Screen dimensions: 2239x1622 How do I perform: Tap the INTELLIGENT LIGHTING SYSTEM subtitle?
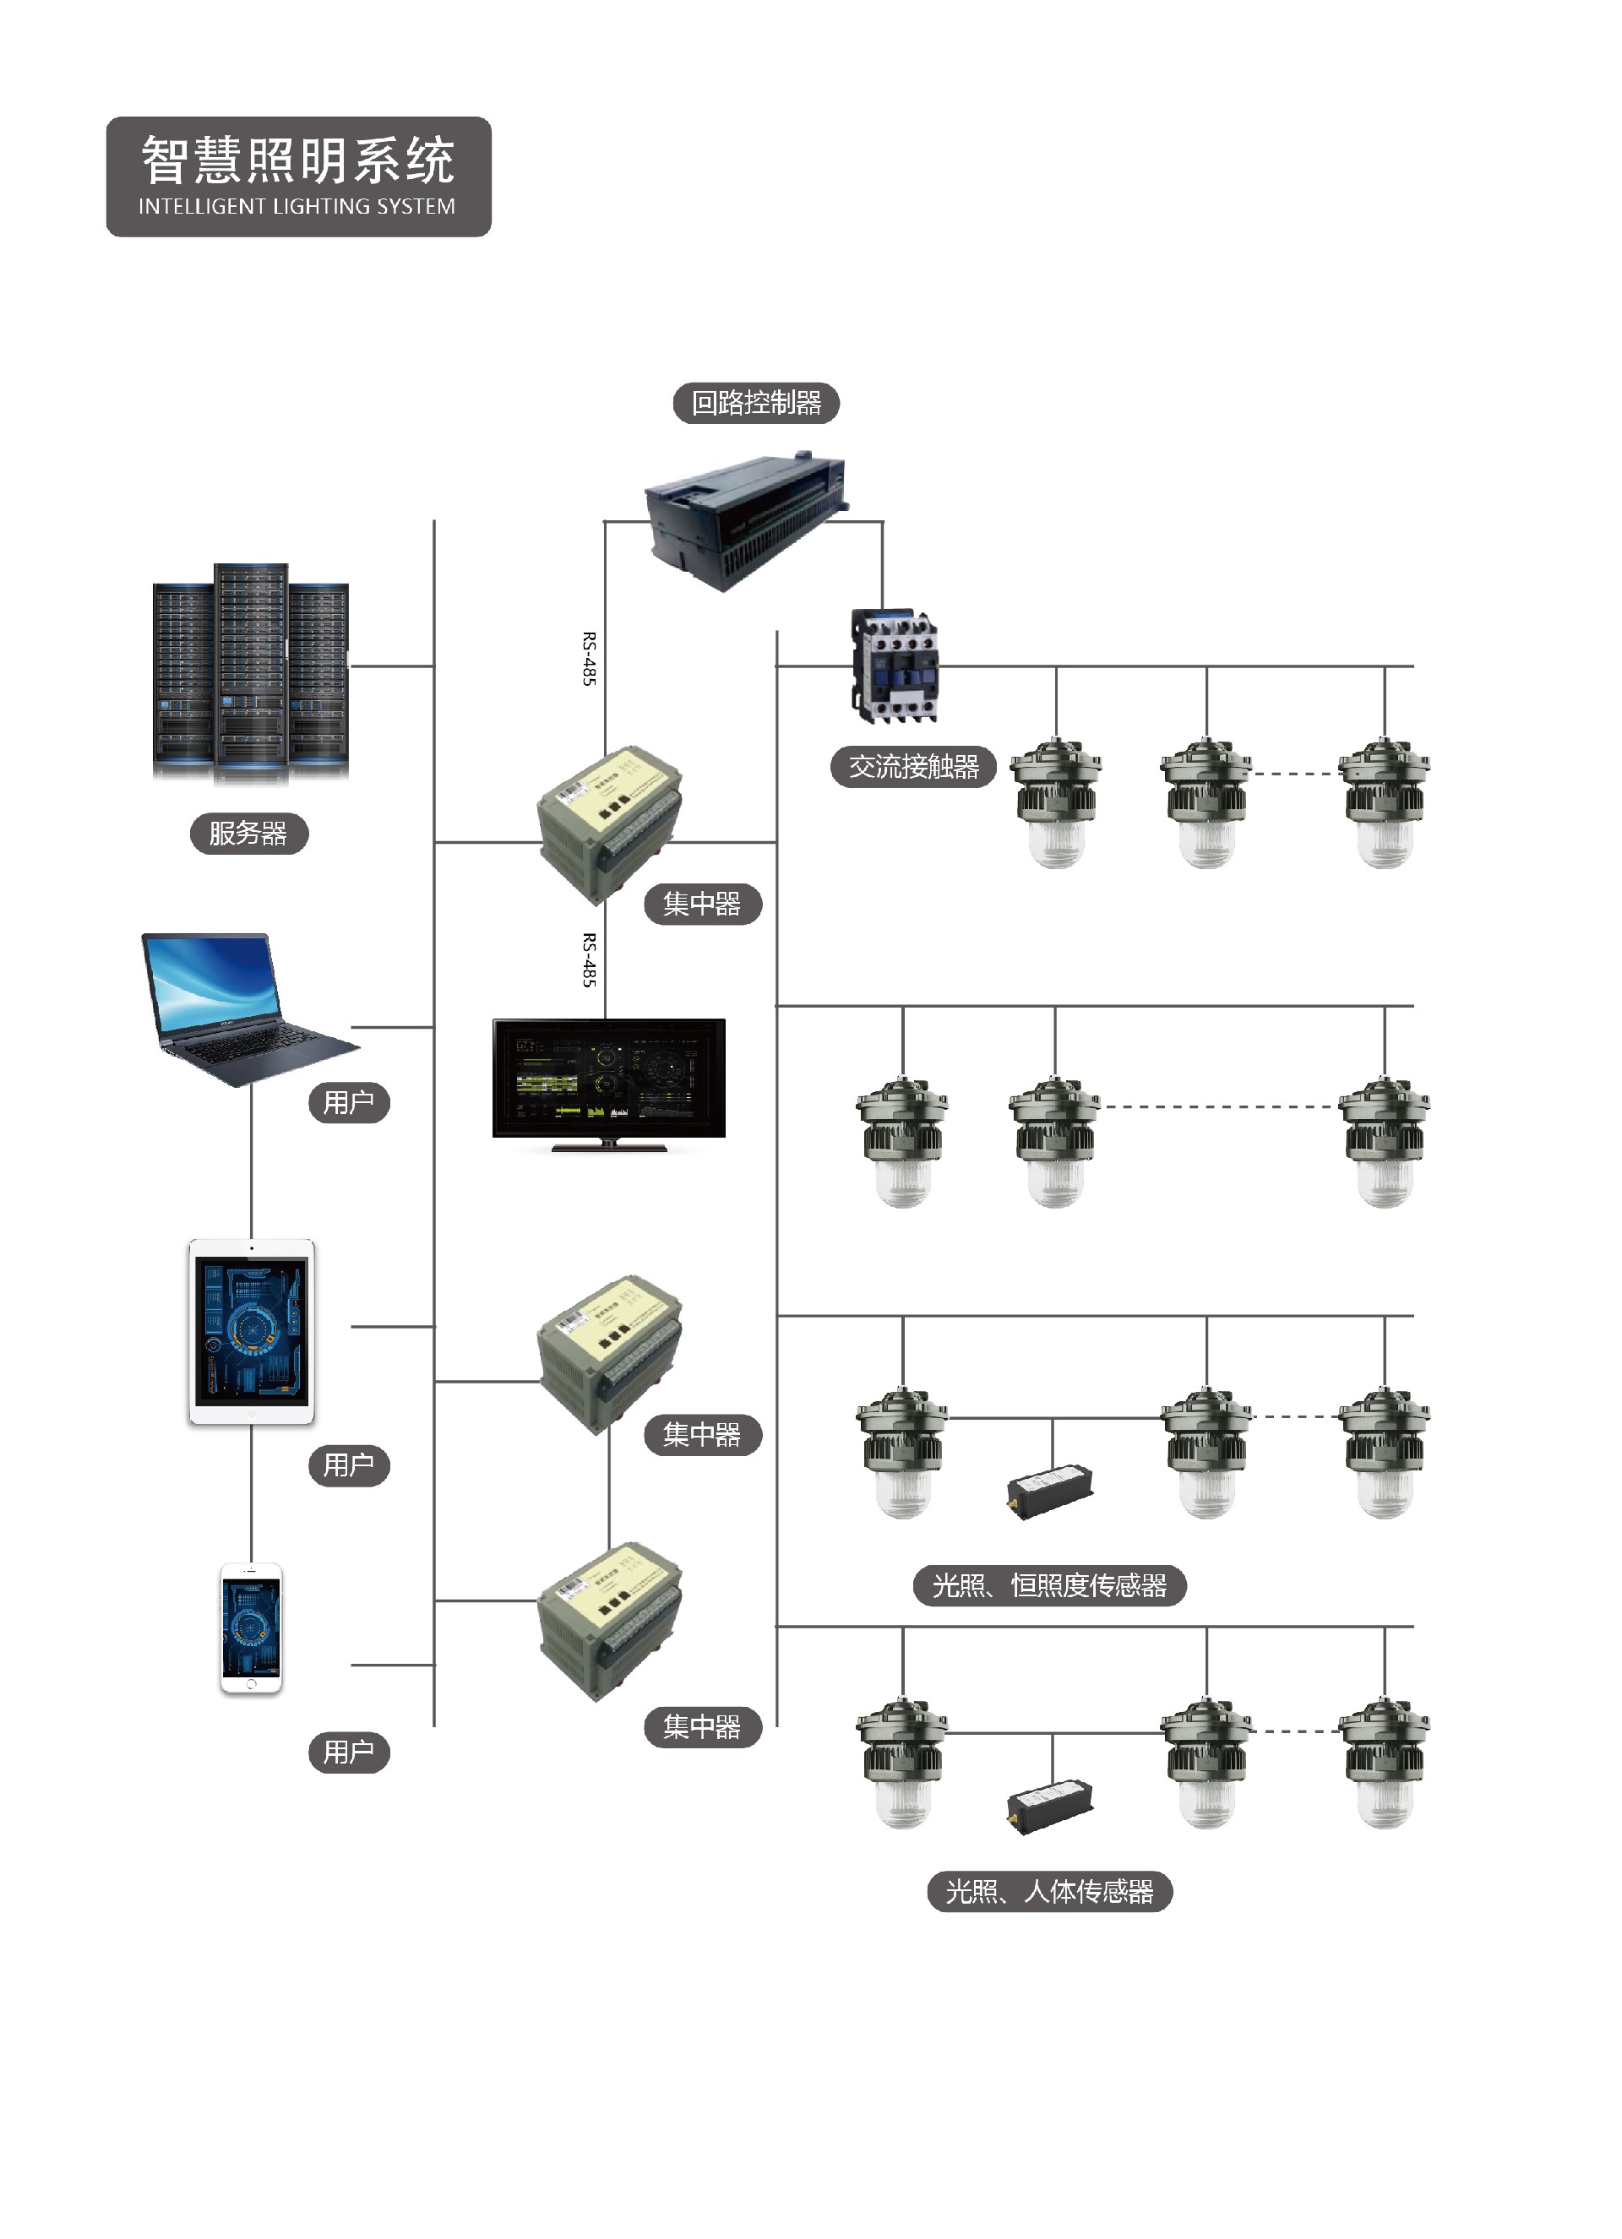[297, 206]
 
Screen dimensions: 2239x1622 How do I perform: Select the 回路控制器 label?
[756, 403]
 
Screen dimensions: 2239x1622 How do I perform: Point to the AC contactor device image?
[895, 665]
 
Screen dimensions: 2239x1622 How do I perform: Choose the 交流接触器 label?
[913, 766]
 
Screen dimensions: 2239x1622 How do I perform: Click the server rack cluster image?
[251, 673]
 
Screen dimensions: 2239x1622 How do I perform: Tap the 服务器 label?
[248, 834]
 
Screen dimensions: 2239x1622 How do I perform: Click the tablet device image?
[252, 1331]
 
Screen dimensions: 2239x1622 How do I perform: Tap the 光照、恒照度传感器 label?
[1048, 1585]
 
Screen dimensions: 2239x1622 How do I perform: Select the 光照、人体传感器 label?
[1049, 1892]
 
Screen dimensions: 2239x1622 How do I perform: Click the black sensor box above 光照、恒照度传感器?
[1050, 1492]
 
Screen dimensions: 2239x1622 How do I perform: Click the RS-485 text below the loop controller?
[588, 659]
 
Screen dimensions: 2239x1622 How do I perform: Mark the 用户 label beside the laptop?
[349, 1101]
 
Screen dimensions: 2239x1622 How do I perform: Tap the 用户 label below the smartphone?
[349, 1753]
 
